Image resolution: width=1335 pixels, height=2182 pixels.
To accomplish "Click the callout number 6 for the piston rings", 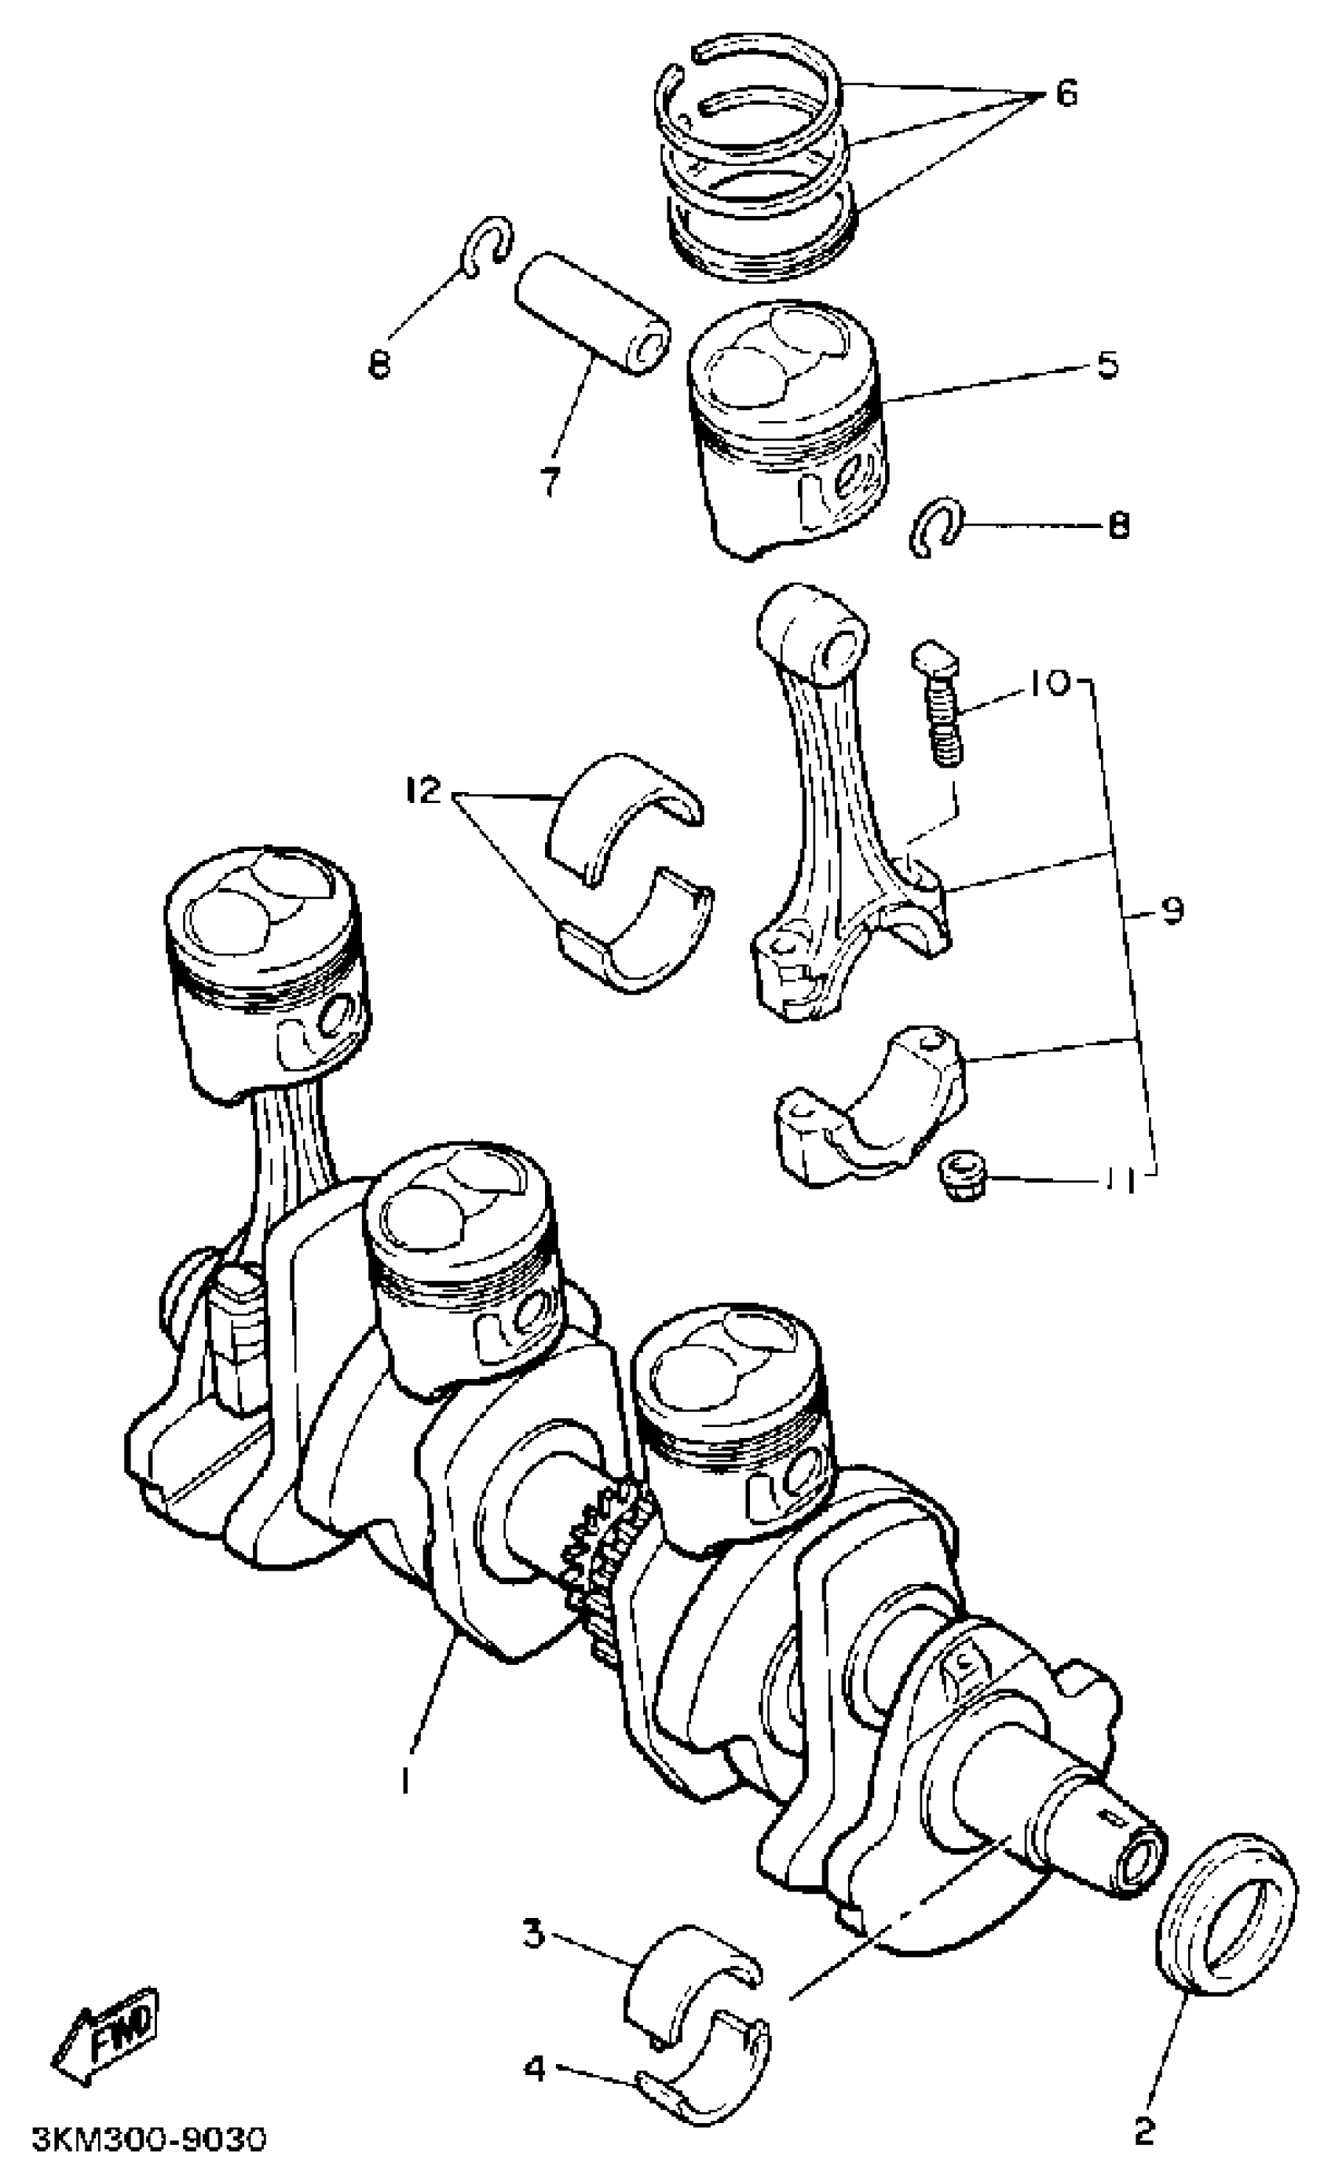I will [1066, 92].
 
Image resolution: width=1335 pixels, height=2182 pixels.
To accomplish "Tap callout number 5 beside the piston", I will [1107, 364].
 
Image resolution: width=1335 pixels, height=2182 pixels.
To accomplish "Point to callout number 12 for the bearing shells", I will [424, 790].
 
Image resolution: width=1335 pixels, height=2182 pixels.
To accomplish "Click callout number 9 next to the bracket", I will [1171, 911].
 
